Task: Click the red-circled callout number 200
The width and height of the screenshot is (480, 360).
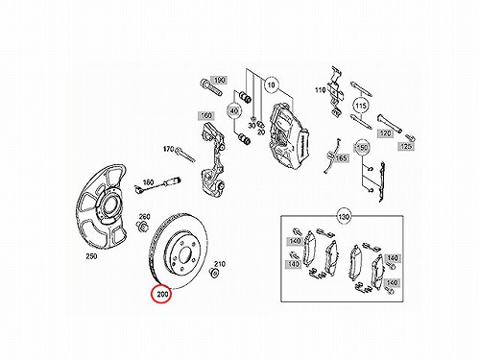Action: point(162,294)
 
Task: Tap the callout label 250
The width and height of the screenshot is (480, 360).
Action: point(91,256)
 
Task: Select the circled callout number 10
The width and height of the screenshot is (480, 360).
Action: point(271,85)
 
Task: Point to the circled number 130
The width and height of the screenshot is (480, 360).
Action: point(344,217)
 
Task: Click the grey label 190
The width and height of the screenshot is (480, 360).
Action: point(219,80)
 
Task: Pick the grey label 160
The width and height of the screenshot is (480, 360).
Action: point(206,115)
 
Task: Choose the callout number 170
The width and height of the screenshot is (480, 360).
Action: point(168,149)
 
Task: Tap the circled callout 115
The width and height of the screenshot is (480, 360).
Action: point(361,106)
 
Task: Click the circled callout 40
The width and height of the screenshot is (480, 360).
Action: point(234,111)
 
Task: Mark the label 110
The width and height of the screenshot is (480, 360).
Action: point(321,90)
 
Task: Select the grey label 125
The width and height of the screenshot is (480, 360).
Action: point(406,146)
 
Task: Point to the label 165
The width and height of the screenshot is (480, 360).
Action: point(341,157)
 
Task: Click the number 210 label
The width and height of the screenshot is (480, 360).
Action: point(220,264)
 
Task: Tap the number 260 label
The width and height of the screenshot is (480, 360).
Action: point(145,217)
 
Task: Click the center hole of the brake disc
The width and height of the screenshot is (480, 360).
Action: point(184,255)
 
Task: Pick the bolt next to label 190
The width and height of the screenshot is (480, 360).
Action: point(211,87)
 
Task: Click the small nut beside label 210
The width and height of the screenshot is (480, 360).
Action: point(214,274)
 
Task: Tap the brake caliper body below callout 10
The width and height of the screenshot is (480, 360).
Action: point(289,137)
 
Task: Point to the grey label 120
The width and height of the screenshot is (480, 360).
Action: point(385,133)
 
